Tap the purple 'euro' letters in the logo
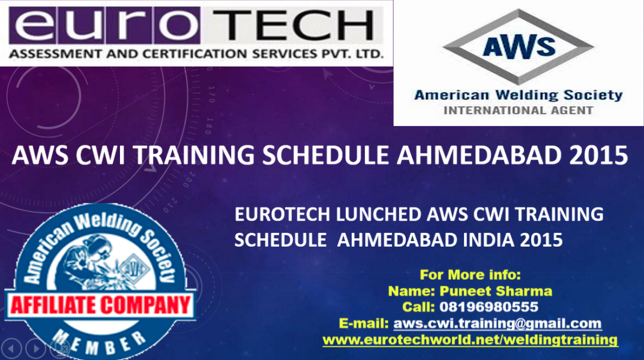pyautogui.click(x=104, y=25)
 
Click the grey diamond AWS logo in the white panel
pyautogui.click(x=519, y=46)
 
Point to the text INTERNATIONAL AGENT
pyautogui.click(x=519, y=110)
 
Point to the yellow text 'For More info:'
pyautogui.click(x=471, y=275)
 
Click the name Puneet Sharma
pyautogui.click(x=496, y=291)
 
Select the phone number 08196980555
pyautogui.click(x=489, y=307)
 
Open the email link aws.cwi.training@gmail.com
pyautogui.click(x=498, y=323)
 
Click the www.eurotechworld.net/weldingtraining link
pyautogui.click(x=471, y=340)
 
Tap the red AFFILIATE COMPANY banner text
pyautogui.click(x=100, y=305)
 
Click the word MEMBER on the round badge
pyautogui.click(x=100, y=343)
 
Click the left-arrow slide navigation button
pyautogui.click(x=11, y=349)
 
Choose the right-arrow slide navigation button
pyautogui.click(x=36, y=349)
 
